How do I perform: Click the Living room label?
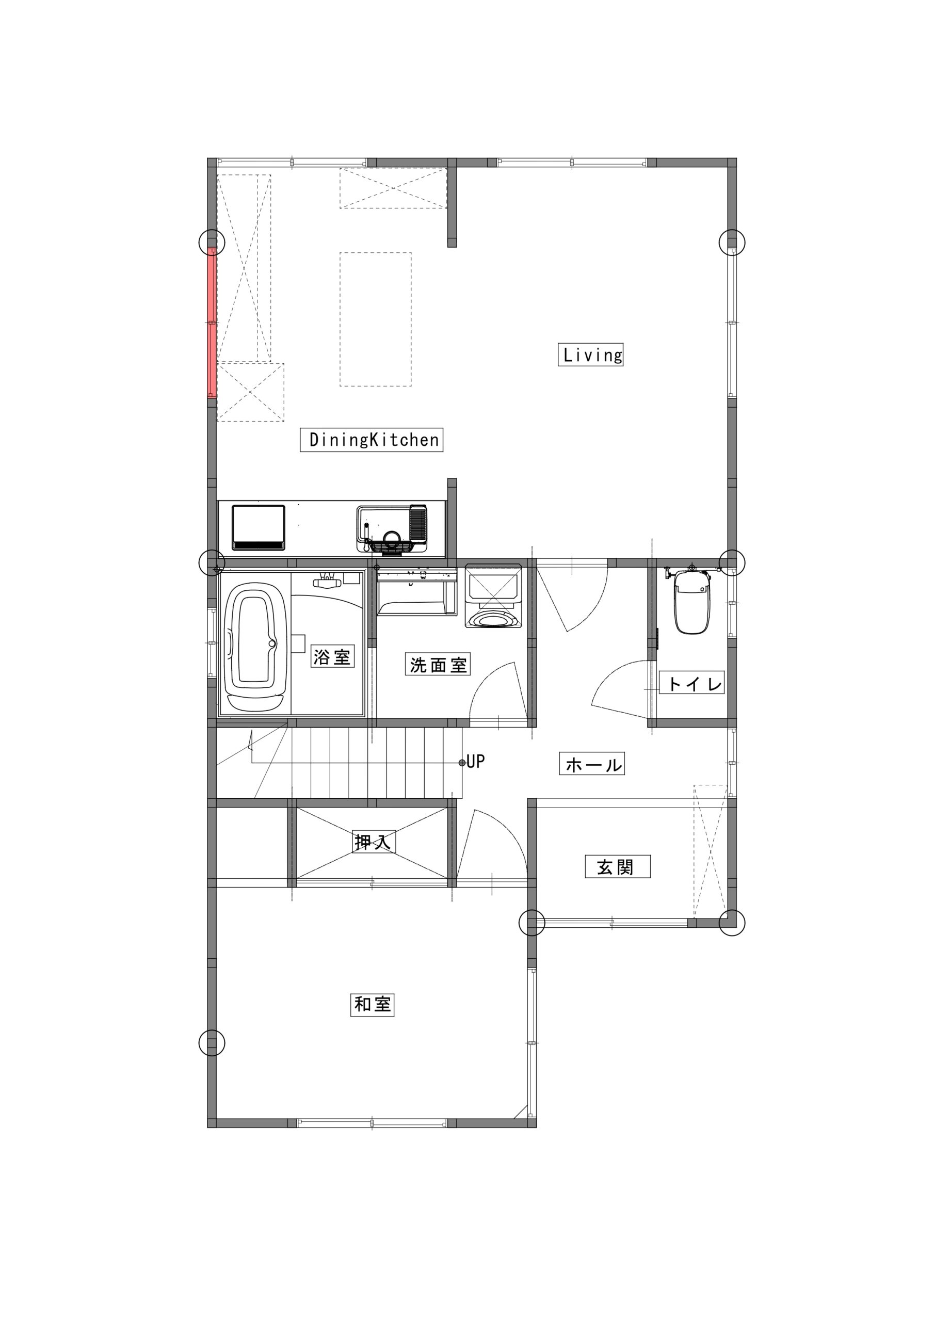(590, 355)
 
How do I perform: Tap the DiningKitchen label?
(372, 440)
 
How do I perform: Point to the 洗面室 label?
(438, 665)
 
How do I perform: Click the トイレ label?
(691, 684)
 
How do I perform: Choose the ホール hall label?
(591, 765)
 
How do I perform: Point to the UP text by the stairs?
(475, 762)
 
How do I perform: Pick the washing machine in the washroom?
(493, 596)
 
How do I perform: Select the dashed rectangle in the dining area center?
(375, 319)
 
